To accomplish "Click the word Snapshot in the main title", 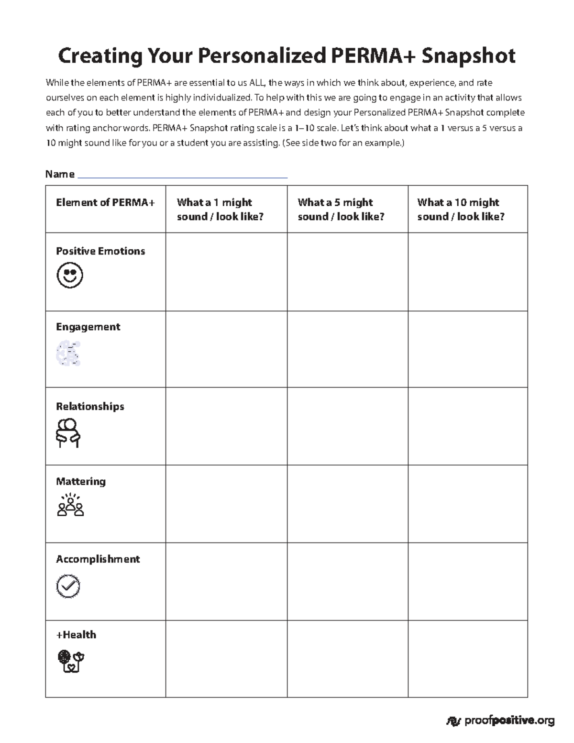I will [468, 56].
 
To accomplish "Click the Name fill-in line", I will [182, 175].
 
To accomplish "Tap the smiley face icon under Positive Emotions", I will [70, 276].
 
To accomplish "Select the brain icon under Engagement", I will [69, 354].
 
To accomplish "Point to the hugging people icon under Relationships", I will [68, 432].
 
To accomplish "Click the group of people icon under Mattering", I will [70, 505].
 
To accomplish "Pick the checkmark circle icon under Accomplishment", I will [68, 586].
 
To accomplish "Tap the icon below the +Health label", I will [71, 661].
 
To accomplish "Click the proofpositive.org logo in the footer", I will [500, 721].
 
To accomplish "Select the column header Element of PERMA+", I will [105, 202].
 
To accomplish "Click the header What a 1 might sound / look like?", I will [220, 210].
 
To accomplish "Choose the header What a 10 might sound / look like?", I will [461, 210].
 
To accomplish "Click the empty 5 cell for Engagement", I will [347, 349].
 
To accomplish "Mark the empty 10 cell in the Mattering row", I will [467, 504].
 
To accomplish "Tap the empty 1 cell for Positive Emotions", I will [226, 272].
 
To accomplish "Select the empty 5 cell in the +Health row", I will [347, 659].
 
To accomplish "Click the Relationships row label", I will [90, 407].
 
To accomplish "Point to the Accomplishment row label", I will [98, 559].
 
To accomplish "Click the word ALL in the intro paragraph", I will [257, 83].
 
